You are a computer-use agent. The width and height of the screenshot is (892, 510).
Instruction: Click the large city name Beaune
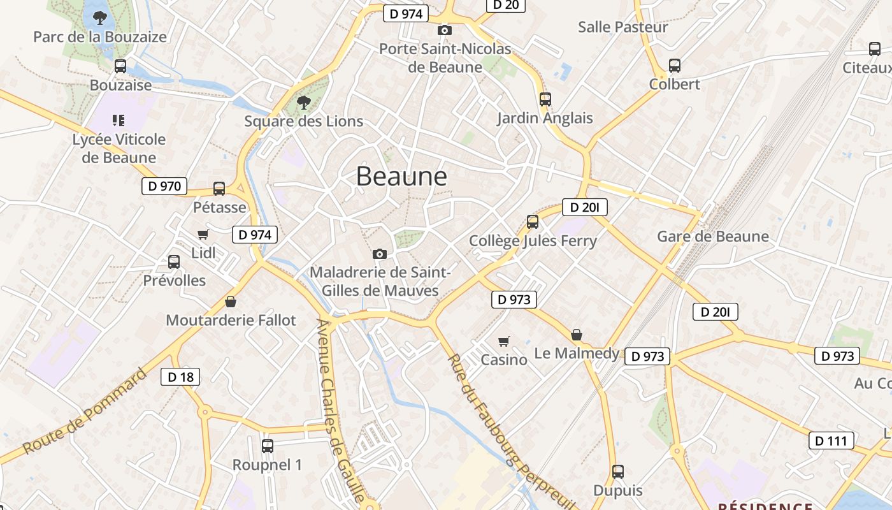click(401, 176)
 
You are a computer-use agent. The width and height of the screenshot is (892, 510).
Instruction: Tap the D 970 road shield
click(164, 186)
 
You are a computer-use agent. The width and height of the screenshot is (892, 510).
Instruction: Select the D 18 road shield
click(180, 377)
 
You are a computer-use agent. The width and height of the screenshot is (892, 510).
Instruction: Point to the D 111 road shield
click(831, 441)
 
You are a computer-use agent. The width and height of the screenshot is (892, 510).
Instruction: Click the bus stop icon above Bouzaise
click(120, 66)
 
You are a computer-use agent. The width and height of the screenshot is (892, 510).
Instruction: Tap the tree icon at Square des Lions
click(304, 102)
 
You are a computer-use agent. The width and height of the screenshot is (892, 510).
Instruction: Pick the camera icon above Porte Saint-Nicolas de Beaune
click(445, 30)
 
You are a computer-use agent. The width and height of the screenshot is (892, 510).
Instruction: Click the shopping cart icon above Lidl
click(203, 234)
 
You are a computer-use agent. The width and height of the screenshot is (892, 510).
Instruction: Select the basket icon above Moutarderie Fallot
click(231, 302)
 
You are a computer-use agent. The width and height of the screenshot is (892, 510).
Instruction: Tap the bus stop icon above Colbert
click(675, 65)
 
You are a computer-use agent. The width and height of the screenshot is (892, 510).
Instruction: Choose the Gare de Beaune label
click(713, 237)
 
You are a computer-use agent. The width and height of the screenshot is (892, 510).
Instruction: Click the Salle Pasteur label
click(622, 27)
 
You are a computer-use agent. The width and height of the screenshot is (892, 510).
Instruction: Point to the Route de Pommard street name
click(84, 411)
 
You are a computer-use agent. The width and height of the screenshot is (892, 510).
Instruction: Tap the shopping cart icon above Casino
click(504, 341)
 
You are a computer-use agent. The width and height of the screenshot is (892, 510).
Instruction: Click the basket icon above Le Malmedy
click(577, 335)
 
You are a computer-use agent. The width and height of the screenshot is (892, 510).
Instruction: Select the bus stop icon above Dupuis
click(617, 472)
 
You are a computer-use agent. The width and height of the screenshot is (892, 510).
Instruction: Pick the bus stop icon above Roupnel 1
click(268, 446)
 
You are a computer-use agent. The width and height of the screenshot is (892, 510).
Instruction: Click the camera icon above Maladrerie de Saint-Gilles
click(380, 254)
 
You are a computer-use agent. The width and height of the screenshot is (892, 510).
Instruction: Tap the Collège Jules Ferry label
click(533, 241)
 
